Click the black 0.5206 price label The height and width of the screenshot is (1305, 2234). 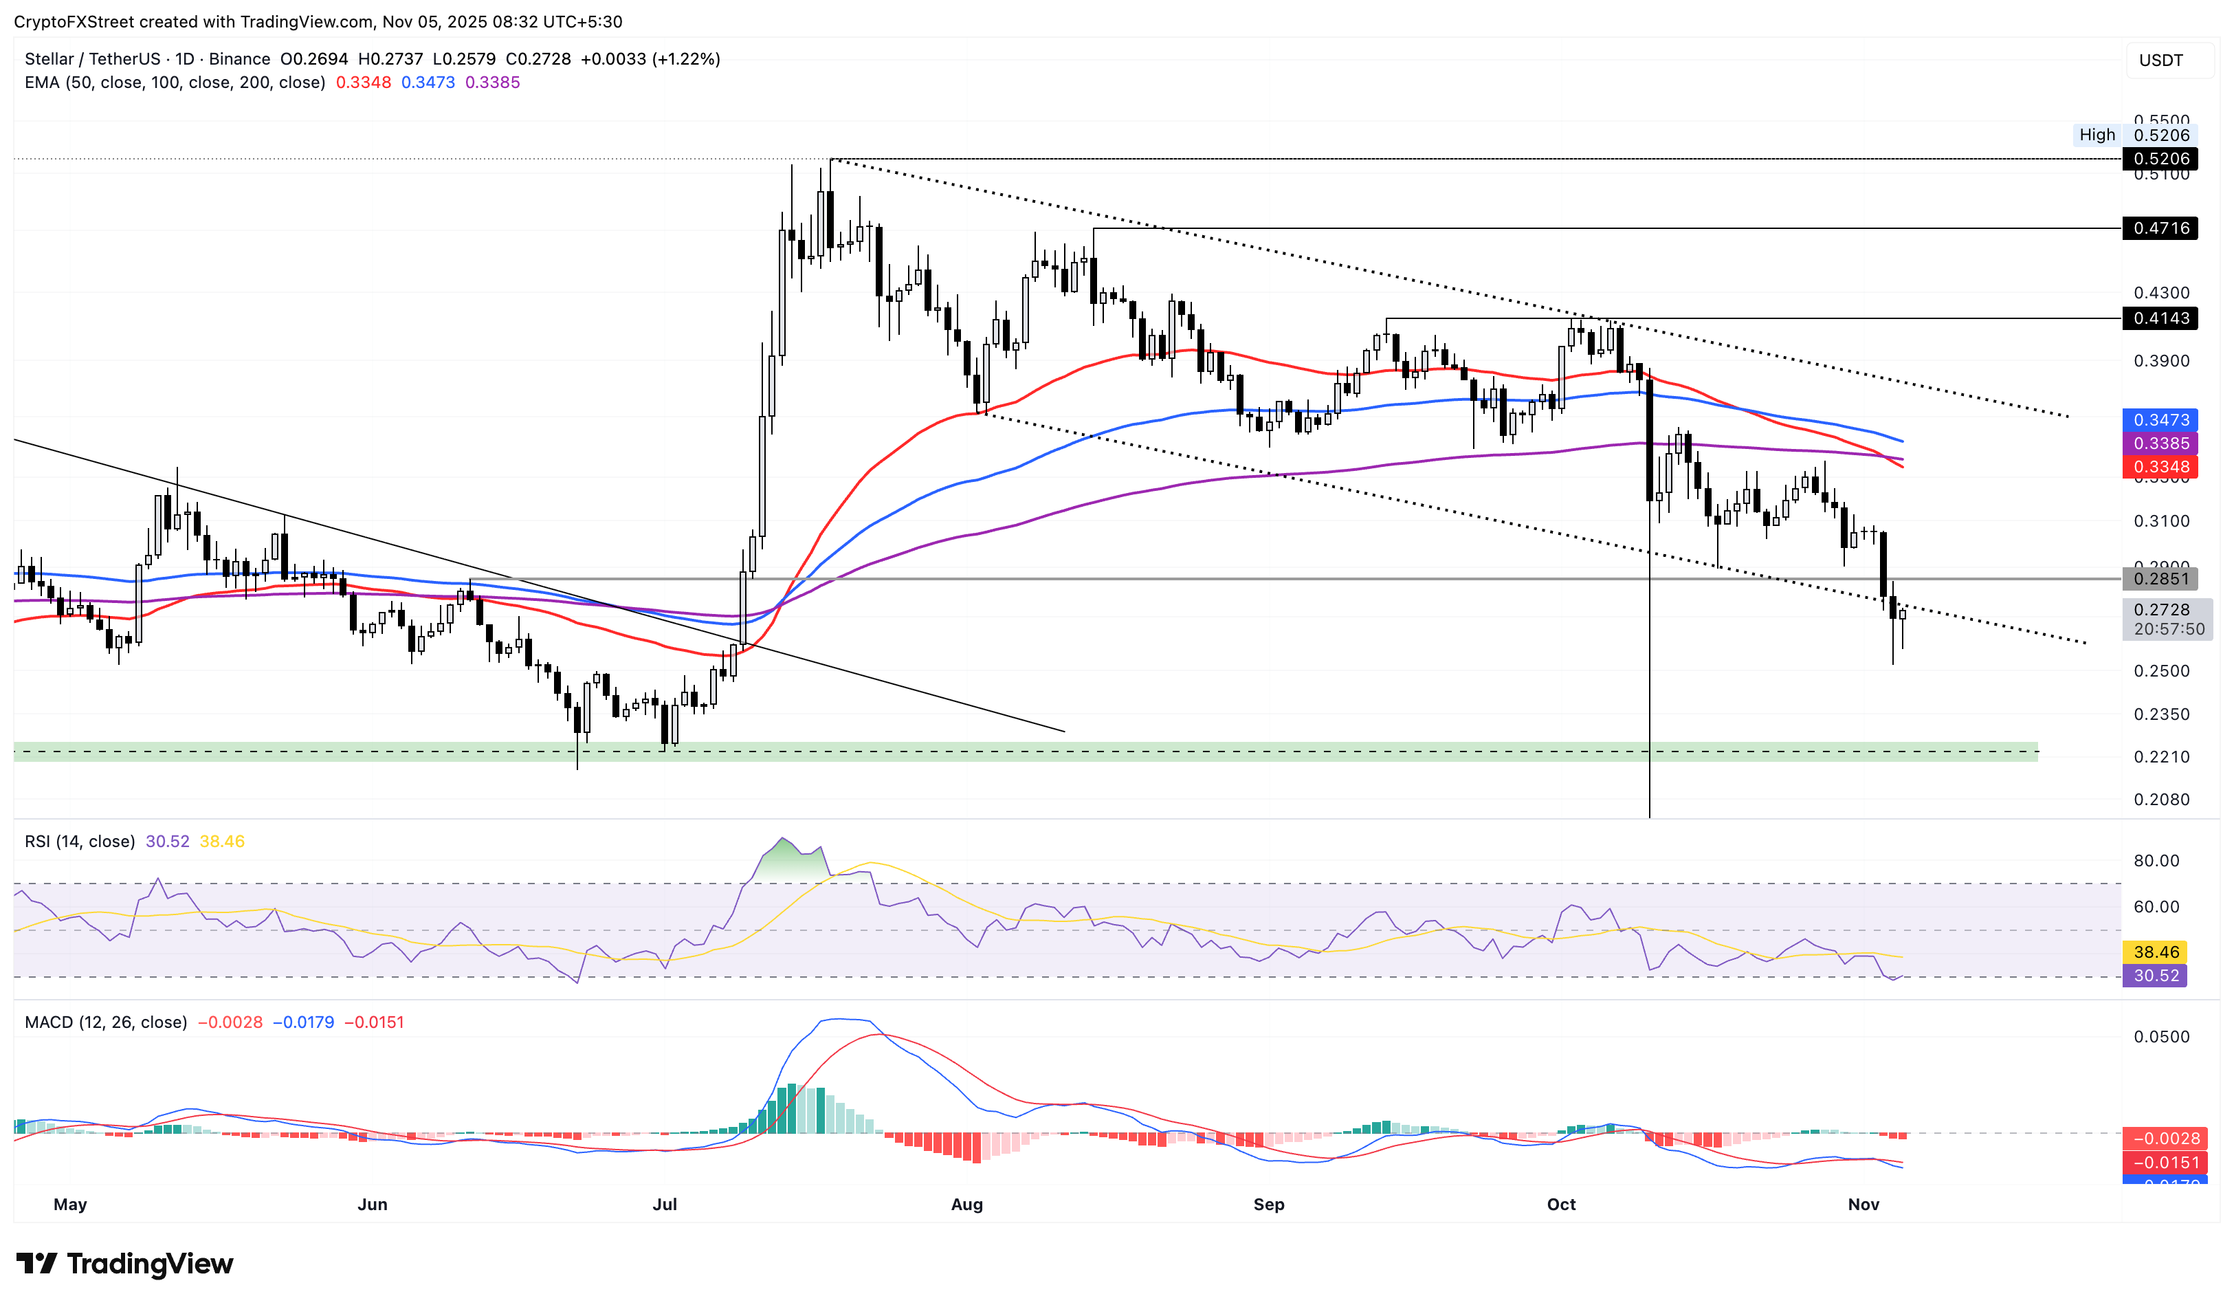(x=2160, y=159)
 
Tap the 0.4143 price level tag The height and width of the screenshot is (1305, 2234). (x=2160, y=318)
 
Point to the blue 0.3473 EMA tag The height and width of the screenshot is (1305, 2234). (x=2160, y=420)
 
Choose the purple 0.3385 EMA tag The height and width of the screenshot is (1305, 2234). (x=2160, y=443)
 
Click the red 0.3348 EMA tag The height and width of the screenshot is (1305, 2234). (x=2160, y=468)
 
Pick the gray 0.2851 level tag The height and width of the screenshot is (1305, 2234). (x=2160, y=579)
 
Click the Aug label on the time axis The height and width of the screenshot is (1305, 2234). (x=966, y=1204)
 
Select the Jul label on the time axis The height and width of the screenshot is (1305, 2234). (x=664, y=1204)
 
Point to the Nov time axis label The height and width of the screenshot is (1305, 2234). (x=1863, y=1204)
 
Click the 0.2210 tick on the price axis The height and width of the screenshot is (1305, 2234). (x=2160, y=757)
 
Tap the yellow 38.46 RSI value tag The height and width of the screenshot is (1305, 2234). (x=2155, y=952)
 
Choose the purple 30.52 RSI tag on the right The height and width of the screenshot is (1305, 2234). (x=2155, y=976)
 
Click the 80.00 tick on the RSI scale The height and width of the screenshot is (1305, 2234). (x=2155, y=861)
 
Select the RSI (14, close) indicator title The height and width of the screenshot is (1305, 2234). (x=80, y=842)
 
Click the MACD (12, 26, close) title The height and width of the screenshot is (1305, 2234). (x=105, y=1022)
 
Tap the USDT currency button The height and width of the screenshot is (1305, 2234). (x=2160, y=61)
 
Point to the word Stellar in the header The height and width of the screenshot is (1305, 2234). (x=49, y=58)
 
